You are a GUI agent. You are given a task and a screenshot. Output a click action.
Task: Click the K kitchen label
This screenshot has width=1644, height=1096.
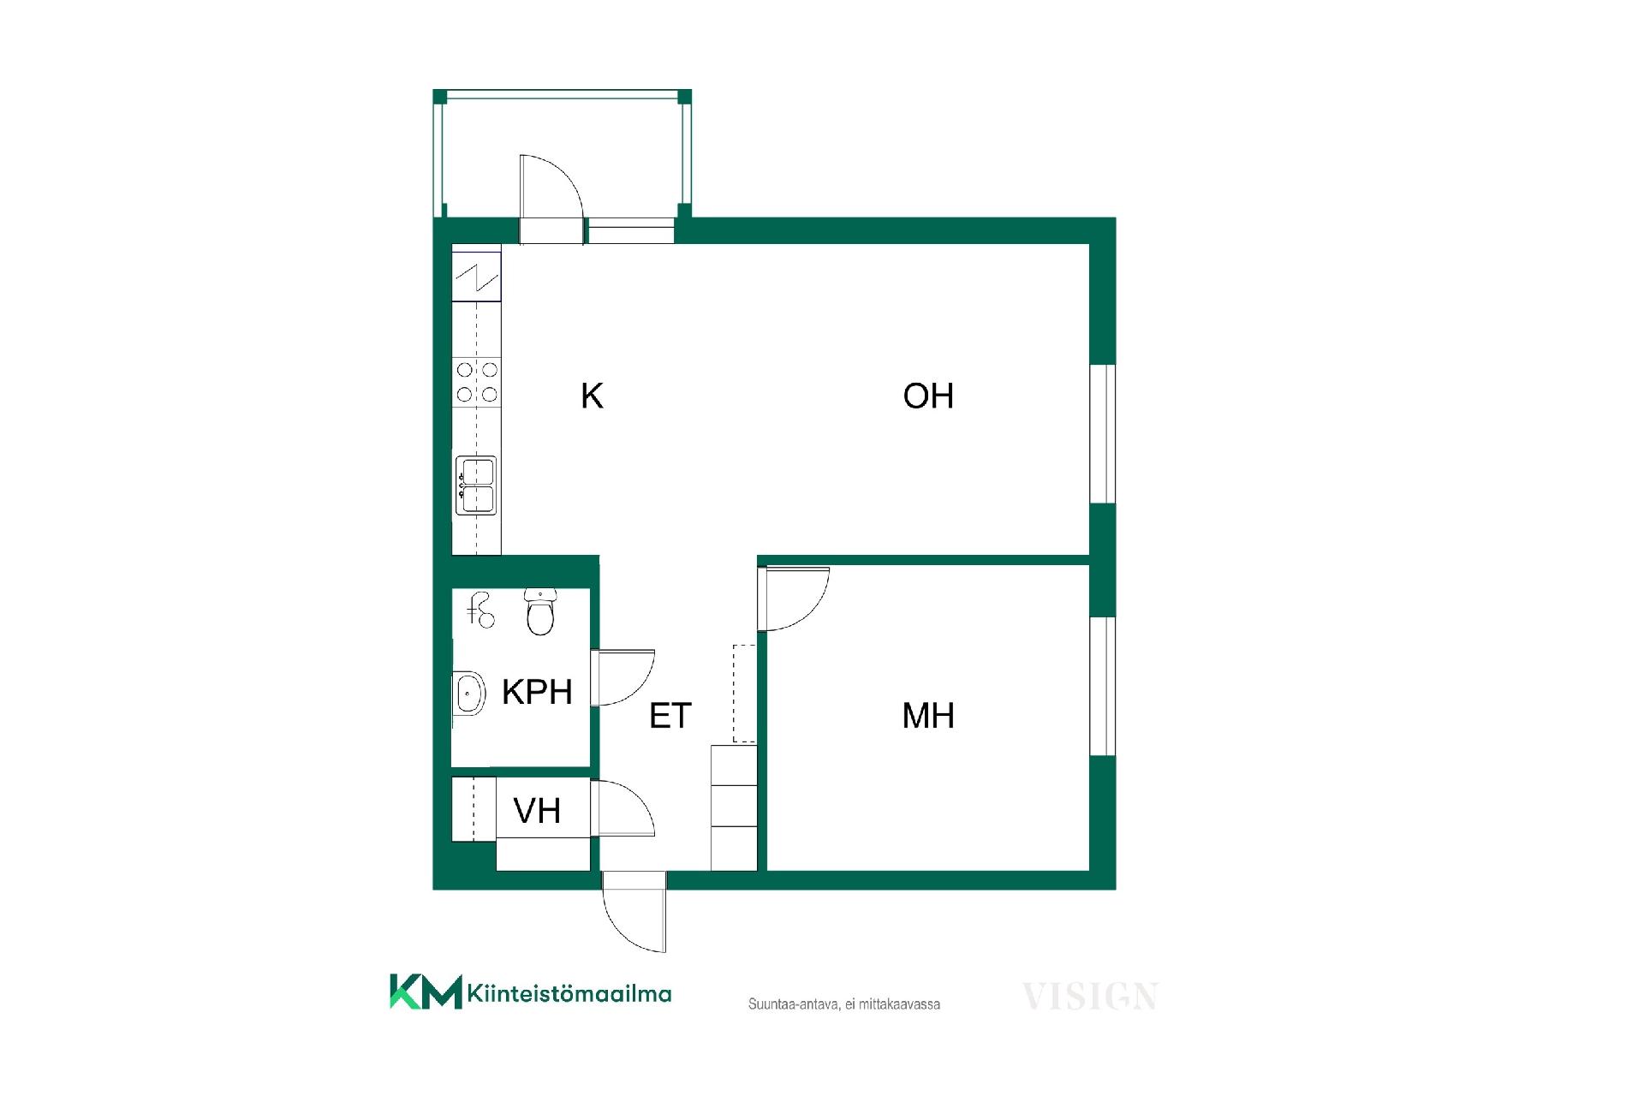[592, 396]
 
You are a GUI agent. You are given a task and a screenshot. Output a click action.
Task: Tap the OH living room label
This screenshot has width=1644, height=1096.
[928, 396]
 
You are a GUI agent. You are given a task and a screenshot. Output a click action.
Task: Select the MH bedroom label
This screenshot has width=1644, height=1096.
[928, 716]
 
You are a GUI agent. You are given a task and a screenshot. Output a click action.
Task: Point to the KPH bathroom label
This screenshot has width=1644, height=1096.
[537, 692]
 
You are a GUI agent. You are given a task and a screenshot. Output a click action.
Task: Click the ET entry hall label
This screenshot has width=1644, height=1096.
[670, 716]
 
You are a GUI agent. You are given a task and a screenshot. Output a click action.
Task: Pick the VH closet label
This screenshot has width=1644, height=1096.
[537, 810]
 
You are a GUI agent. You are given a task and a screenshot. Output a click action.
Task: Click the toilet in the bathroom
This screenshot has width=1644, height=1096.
[539, 611]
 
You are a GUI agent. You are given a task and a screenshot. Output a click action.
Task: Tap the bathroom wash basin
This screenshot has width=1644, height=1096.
[468, 693]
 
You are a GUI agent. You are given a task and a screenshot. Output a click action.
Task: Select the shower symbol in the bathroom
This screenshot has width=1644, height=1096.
[480, 610]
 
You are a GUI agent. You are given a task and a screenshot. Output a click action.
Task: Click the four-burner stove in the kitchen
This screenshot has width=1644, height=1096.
[477, 382]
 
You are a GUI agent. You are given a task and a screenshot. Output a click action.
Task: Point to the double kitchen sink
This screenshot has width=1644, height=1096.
[476, 486]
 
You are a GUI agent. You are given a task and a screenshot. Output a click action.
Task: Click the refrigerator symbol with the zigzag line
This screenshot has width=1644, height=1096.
[476, 275]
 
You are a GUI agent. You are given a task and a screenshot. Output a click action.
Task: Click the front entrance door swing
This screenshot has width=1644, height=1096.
[634, 911]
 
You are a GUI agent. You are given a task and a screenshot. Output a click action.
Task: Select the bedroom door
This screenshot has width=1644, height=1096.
[793, 599]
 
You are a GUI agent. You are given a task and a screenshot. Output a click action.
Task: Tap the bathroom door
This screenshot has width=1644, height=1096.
[622, 677]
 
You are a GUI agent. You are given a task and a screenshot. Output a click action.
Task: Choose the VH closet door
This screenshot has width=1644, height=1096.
[622, 807]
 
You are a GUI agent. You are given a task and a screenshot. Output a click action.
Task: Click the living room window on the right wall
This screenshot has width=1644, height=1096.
[1103, 434]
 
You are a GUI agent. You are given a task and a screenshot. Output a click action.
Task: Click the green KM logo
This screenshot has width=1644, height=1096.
[426, 992]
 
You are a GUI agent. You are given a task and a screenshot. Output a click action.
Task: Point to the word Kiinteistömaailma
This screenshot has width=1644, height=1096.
[569, 993]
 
